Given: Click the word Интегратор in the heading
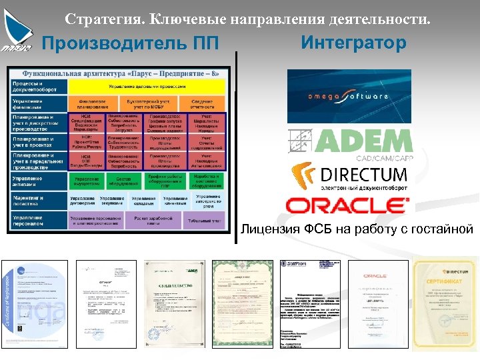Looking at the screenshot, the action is click(x=353, y=43).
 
